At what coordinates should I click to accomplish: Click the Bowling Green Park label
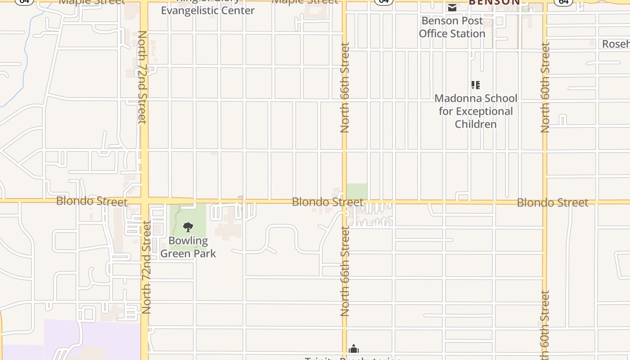click(188, 247)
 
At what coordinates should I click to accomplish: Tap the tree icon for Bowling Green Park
click(188, 227)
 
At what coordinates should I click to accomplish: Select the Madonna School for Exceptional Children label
click(476, 111)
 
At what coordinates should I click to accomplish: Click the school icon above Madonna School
click(476, 85)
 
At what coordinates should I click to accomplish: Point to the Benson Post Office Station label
click(452, 27)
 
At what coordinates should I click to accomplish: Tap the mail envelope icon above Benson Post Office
click(452, 7)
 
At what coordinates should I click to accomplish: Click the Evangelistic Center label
click(208, 10)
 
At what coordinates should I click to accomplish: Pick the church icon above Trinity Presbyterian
click(354, 349)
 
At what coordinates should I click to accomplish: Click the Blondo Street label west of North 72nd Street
click(92, 201)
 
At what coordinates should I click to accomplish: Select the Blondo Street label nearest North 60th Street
click(553, 202)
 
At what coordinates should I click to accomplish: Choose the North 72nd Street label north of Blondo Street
click(142, 77)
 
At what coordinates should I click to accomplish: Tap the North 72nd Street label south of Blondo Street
click(146, 267)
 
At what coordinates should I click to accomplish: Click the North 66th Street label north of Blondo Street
click(345, 87)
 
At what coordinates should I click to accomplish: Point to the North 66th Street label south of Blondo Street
click(345, 271)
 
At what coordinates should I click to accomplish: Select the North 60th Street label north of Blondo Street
click(545, 87)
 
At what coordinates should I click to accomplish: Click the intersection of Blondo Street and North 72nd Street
click(144, 201)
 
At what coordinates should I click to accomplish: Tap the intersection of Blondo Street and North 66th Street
click(345, 201)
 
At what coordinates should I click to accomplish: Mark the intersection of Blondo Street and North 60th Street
click(545, 202)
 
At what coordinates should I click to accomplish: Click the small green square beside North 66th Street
click(357, 191)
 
